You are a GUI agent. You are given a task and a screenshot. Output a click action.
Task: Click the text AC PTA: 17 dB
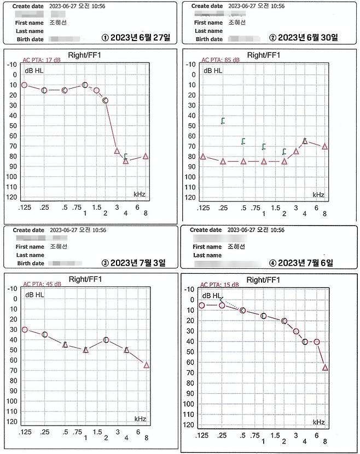(40, 61)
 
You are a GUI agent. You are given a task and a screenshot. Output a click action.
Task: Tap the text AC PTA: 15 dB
(219, 285)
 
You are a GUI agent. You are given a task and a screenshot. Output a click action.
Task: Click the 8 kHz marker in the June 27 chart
(146, 156)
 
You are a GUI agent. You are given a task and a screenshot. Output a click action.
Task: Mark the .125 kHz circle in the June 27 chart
(24, 85)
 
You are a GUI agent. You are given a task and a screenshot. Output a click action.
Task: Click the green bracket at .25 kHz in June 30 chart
(223, 120)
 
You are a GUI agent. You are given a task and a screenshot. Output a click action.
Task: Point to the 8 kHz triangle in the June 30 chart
(324, 146)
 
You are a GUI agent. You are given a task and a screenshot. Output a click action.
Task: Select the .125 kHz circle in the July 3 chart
(25, 330)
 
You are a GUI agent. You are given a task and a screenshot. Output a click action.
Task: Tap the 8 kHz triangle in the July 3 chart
(146, 365)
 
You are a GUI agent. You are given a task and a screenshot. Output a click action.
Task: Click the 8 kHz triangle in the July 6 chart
(325, 367)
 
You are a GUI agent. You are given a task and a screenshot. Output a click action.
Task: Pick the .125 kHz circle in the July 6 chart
(202, 305)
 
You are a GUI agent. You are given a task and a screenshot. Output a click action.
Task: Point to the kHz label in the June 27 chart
(140, 194)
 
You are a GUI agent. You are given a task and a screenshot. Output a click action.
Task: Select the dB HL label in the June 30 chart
(213, 71)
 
